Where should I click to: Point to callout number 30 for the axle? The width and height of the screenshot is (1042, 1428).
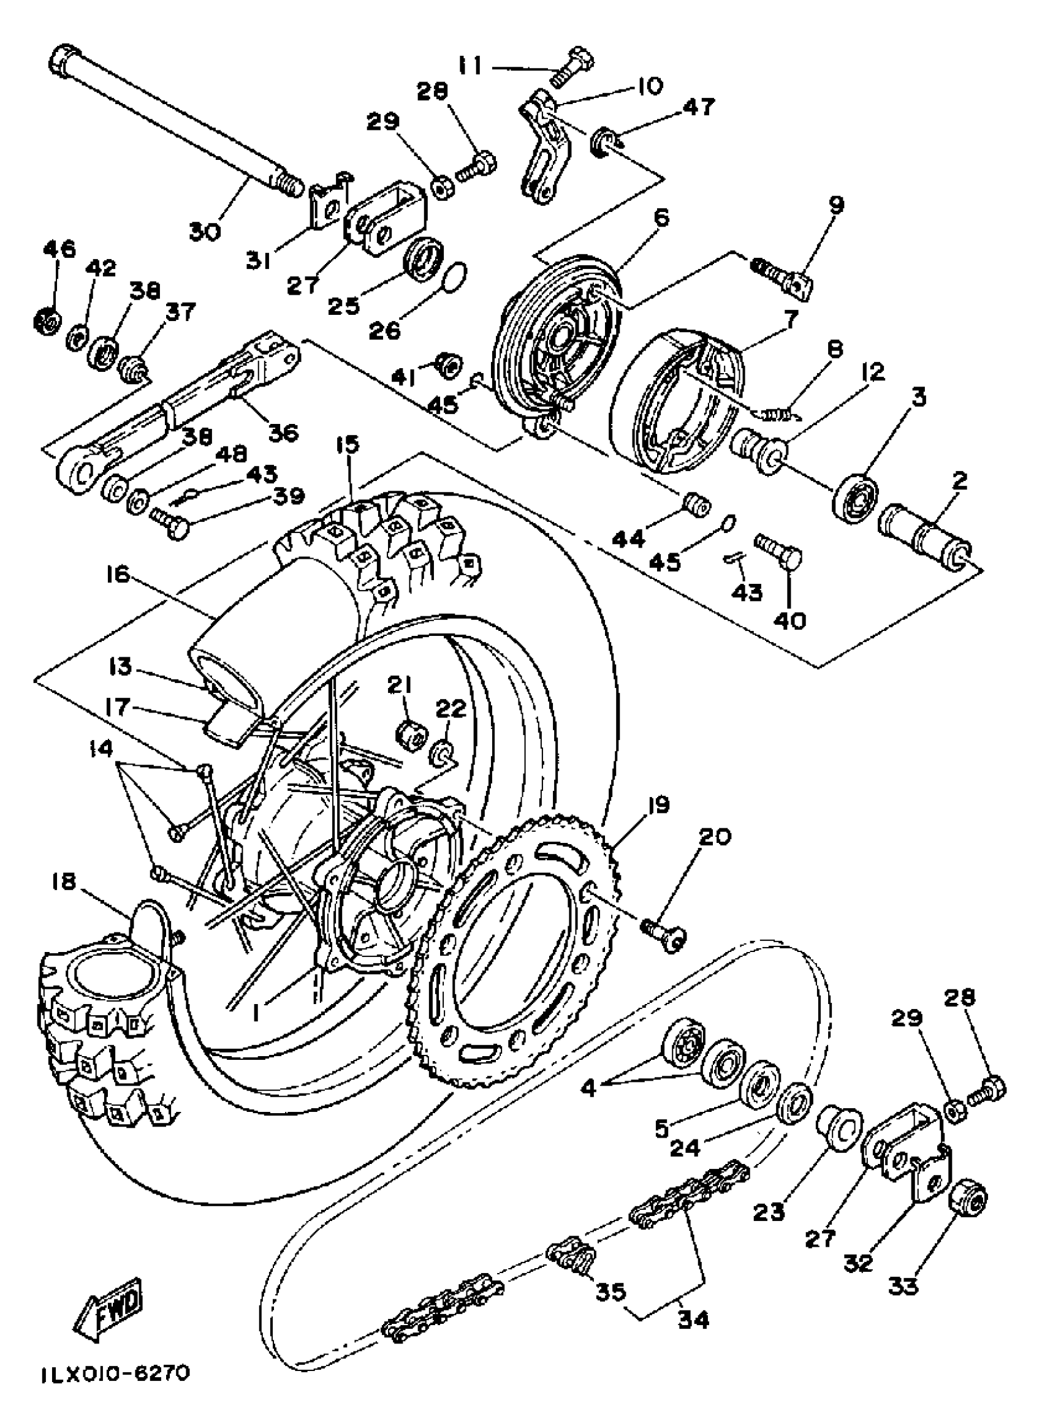pyautogui.click(x=205, y=232)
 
